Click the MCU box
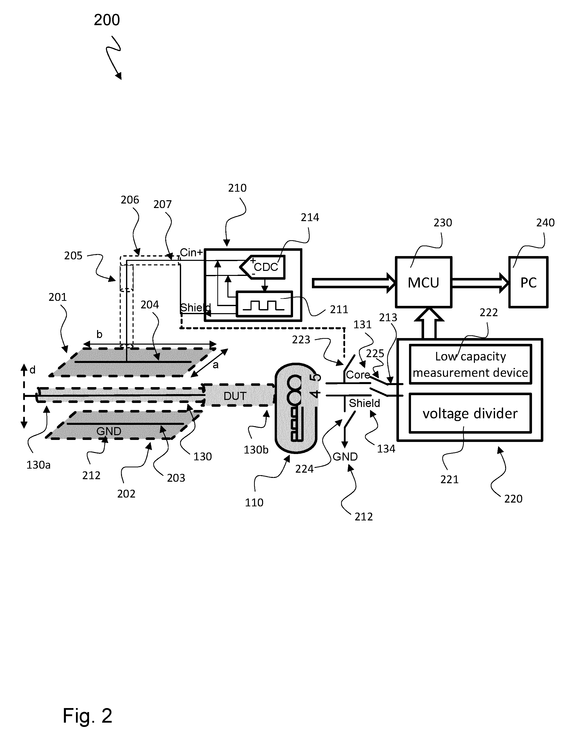(423, 282)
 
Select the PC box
(528, 282)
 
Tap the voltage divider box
(470, 413)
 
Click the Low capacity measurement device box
(470, 364)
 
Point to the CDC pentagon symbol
(263, 267)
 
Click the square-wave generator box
(264, 304)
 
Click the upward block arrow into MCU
(429, 323)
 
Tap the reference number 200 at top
(107, 20)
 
